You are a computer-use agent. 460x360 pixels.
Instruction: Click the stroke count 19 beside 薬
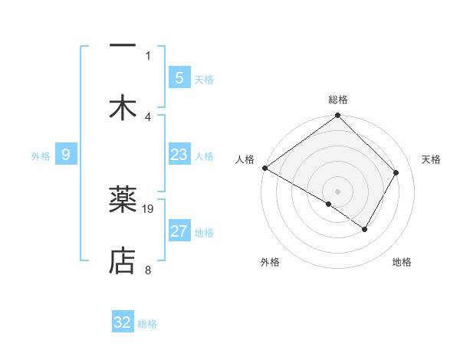[x=149, y=208]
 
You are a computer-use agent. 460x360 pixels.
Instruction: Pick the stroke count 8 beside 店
[x=148, y=269]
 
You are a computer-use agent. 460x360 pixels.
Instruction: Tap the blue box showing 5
[x=179, y=77]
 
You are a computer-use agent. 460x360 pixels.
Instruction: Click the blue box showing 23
[x=179, y=155]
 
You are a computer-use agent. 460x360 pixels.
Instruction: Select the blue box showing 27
[x=179, y=231]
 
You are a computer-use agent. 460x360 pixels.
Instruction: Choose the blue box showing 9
[x=66, y=155]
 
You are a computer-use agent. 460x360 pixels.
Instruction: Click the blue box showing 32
[x=123, y=322]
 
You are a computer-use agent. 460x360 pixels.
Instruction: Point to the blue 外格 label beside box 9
[x=41, y=156]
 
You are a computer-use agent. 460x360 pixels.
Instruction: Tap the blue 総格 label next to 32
[x=147, y=325]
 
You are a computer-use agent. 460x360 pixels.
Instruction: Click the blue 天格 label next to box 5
[x=203, y=80]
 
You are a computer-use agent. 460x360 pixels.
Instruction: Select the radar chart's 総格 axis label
[x=338, y=100]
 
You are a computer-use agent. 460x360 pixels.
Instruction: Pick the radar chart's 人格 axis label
[x=245, y=159]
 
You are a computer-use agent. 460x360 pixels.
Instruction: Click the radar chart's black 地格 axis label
[x=402, y=262]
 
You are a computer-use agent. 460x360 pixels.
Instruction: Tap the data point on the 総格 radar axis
[x=338, y=116]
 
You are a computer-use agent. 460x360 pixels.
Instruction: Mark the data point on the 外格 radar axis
[x=329, y=204]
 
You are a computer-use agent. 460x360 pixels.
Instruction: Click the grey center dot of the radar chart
[x=338, y=191]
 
